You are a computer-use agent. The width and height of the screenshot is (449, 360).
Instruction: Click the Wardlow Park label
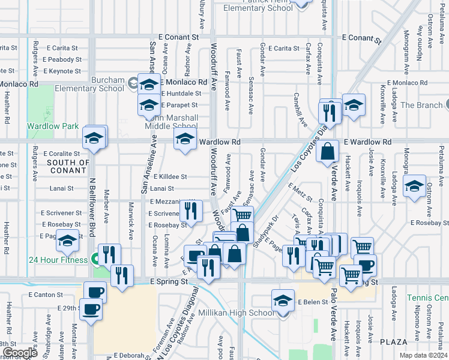[x=53, y=127]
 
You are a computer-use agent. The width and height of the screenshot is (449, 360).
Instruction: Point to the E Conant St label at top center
[x=178, y=37]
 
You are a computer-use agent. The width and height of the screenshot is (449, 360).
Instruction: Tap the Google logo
[x=19, y=353]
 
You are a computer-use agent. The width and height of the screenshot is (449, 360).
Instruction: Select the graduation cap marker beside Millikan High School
[x=283, y=300]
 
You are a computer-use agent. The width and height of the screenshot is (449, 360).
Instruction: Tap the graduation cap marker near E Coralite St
[x=94, y=139]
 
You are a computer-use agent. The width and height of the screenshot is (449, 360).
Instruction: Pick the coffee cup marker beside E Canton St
[x=95, y=292]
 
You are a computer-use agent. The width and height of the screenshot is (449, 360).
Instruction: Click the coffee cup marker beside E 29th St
[x=91, y=309]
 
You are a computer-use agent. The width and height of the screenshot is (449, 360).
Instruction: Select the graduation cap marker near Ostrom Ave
[x=414, y=185]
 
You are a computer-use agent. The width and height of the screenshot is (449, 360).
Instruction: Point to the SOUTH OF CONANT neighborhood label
[x=68, y=167]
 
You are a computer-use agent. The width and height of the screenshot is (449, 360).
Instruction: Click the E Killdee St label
[x=170, y=177]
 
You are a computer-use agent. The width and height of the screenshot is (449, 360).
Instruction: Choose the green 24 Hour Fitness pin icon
[x=95, y=260]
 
